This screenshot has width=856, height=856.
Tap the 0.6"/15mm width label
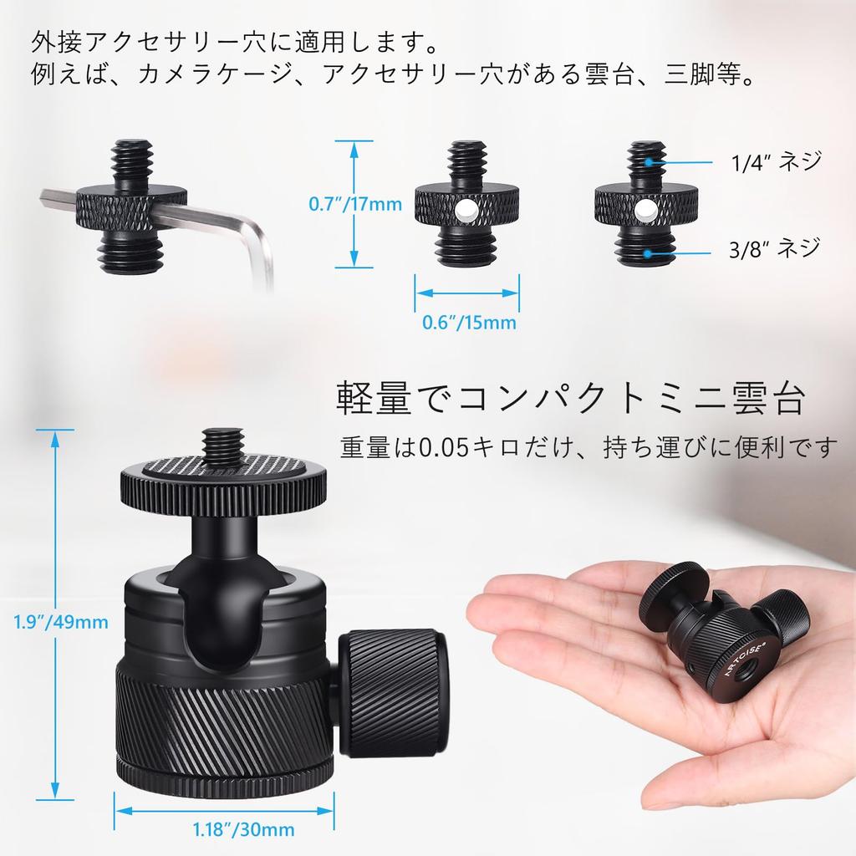pos(467,322)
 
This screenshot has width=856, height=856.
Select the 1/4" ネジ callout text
pos(776,161)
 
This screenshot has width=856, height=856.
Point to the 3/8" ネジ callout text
pos(774,248)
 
